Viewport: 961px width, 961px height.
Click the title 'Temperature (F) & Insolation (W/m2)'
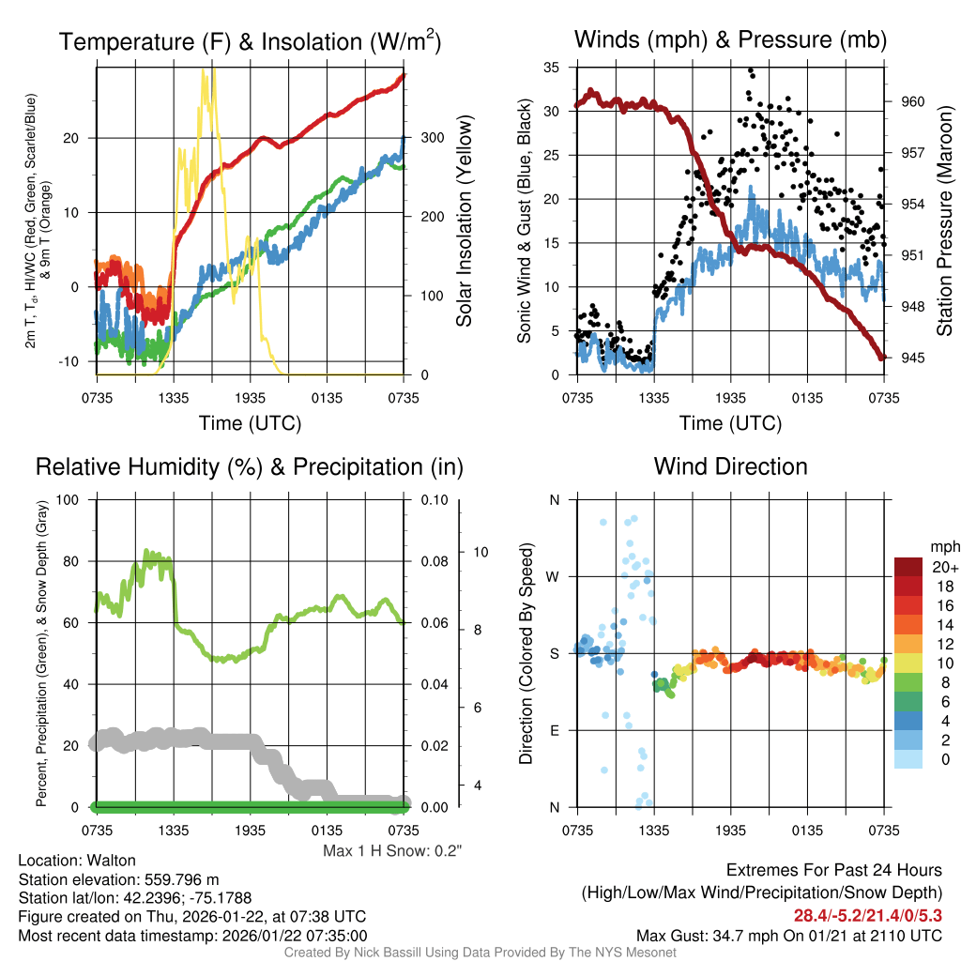(x=250, y=42)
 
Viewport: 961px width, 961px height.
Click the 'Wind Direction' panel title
(x=730, y=466)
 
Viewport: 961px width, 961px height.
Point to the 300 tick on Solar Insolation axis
(x=423, y=138)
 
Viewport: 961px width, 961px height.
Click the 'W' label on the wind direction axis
(x=554, y=576)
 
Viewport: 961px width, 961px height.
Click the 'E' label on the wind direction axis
(x=554, y=730)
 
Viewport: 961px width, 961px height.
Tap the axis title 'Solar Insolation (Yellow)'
(x=464, y=221)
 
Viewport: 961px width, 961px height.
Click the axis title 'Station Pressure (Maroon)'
(x=944, y=221)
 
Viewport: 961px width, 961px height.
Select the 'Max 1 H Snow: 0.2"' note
(x=392, y=851)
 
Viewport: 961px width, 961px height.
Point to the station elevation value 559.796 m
(x=179, y=879)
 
